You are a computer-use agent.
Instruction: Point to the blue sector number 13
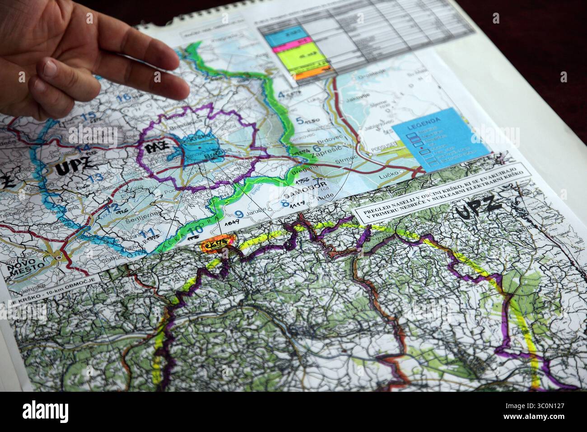(x=95, y=178)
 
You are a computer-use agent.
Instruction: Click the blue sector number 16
(x=124, y=97)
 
